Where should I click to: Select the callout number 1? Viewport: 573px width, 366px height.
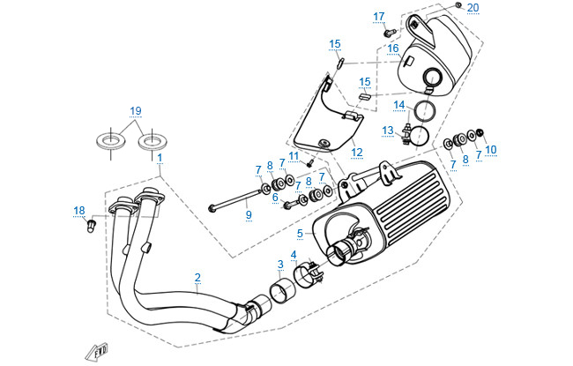pyautogui.click(x=160, y=157)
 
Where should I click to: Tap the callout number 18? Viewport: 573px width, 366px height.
pyautogui.click(x=79, y=210)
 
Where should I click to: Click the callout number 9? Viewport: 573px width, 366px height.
pyautogui.click(x=249, y=213)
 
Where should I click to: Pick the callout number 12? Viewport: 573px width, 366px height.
pyautogui.click(x=357, y=152)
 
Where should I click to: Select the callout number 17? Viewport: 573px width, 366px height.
pyautogui.click(x=379, y=17)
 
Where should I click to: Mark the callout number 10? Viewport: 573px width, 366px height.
pyautogui.click(x=491, y=150)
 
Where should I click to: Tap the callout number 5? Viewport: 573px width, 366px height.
pyautogui.click(x=300, y=233)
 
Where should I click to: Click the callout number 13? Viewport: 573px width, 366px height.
pyautogui.click(x=388, y=131)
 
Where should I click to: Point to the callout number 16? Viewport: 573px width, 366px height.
pyautogui.click(x=393, y=48)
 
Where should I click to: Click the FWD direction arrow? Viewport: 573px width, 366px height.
pyautogui.click(x=96, y=352)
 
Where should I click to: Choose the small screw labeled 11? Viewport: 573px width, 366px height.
pyautogui.click(x=310, y=162)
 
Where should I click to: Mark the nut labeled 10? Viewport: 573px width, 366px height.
pyautogui.click(x=481, y=134)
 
